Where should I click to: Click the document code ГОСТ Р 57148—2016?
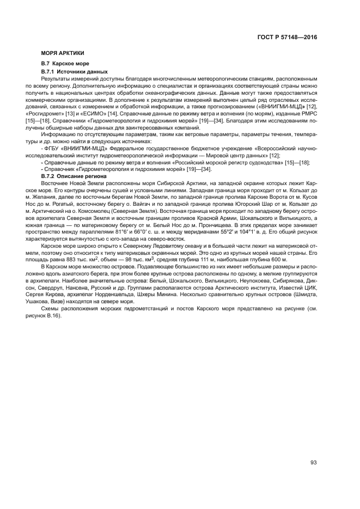tap(287, 39)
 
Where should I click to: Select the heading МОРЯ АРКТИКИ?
tap(62, 53)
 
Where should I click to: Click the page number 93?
tap(313, 463)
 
